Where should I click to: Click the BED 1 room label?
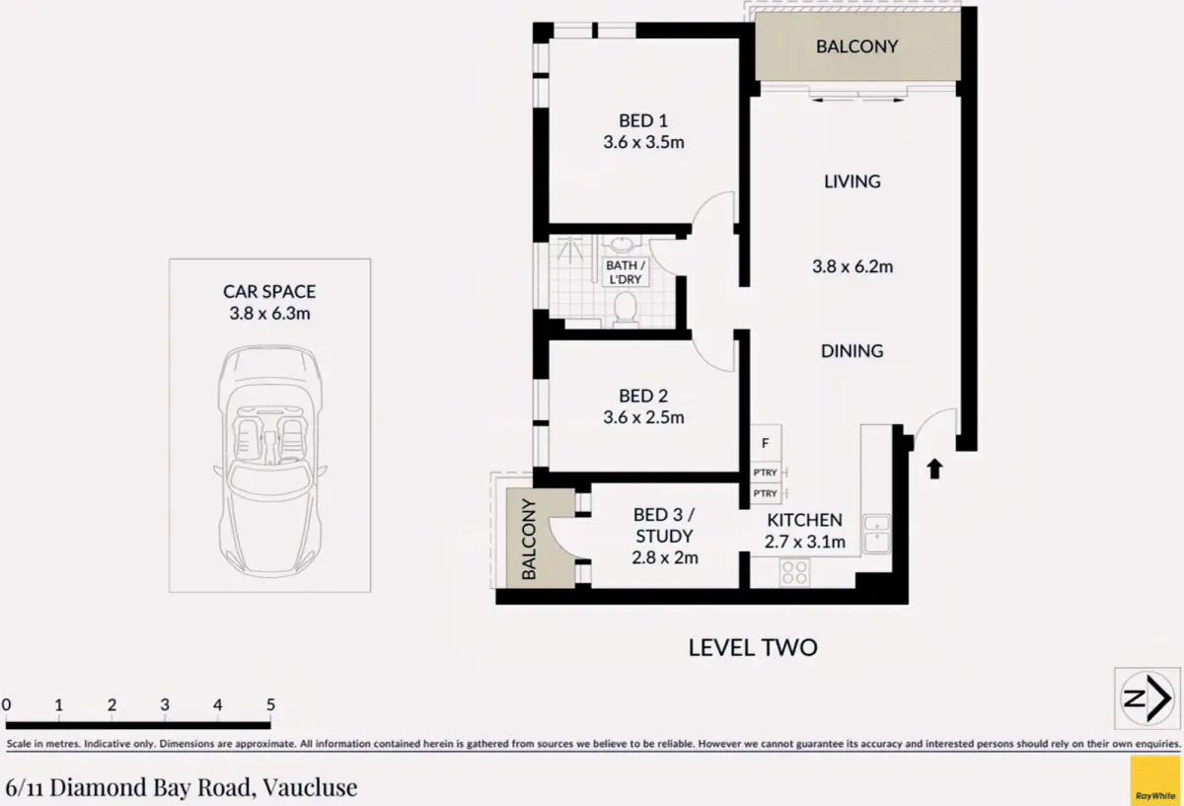click(643, 121)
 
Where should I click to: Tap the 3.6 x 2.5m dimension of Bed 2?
click(643, 417)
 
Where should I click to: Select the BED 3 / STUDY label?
click(664, 526)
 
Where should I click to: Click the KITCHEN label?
click(804, 520)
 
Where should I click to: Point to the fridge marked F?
click(766, 443)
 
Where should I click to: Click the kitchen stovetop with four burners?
click(794, 572)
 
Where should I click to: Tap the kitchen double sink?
click(876, 534)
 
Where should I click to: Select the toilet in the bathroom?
click(626, 310)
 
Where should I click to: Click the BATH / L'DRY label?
click(626, 272)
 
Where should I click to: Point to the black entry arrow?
click(934, 469)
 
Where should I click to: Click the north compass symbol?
click(1147, 698)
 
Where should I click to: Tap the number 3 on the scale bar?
click(165, 704)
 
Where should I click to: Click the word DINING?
click(852, 351)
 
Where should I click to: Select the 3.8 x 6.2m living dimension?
click(852, 266)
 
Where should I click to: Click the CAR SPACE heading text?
click(269, 292)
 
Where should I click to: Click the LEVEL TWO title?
click(753, 648)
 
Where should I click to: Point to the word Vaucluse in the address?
click(310, 787)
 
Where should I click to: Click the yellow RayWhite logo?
click(1155, 781)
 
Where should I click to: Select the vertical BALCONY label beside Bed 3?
click(529, 539)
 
